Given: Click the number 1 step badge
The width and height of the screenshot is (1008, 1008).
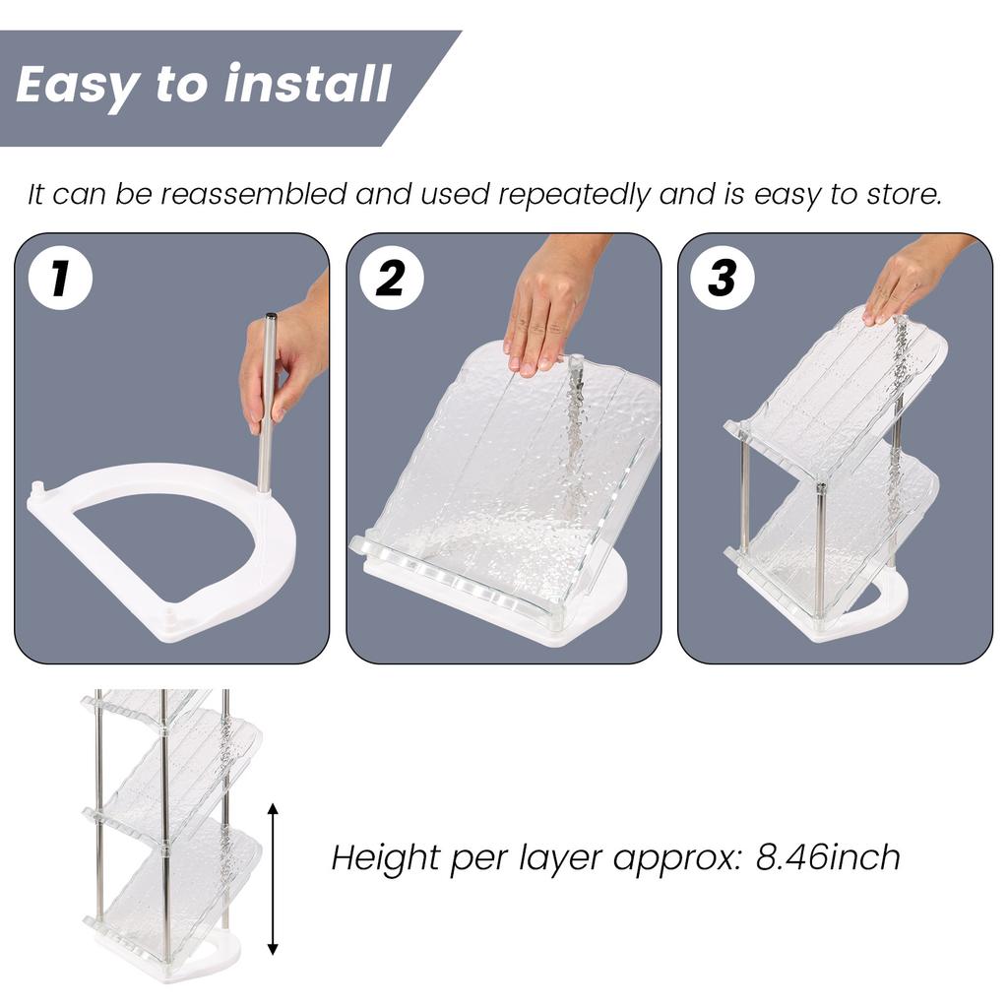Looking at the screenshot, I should tap(60, 279).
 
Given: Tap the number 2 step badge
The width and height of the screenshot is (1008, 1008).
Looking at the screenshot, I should tap(391, 279).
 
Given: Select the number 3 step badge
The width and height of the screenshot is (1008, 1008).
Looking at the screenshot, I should tap(722, 279).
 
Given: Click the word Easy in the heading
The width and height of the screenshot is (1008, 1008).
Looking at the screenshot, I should tap(77, 85).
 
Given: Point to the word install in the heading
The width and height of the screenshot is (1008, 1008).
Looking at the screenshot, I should tap(307, 85).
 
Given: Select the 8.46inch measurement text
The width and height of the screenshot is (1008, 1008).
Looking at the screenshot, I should tap(828, 857).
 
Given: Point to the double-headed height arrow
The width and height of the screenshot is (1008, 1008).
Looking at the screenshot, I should tap(273, 879).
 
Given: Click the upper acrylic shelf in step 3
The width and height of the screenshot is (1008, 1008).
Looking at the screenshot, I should tap(837, 394).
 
